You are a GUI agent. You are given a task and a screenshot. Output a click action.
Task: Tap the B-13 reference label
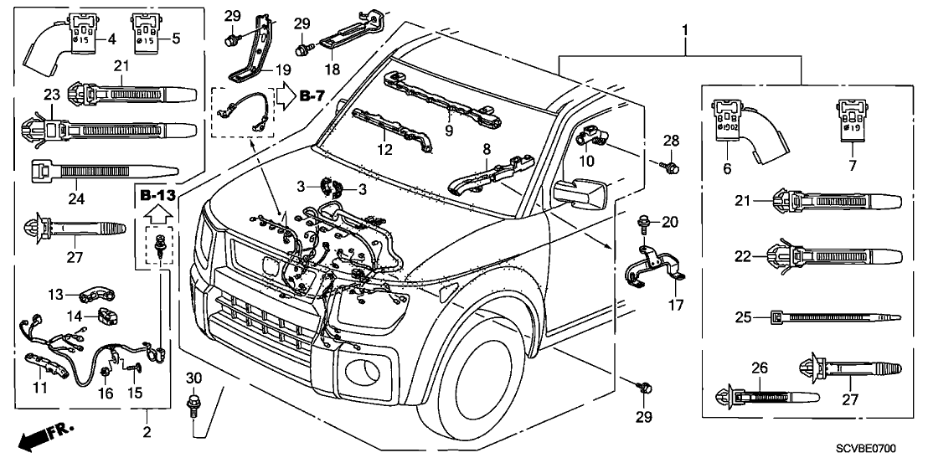(157, 197)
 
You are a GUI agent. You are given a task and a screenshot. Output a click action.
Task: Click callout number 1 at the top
(686, 31)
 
